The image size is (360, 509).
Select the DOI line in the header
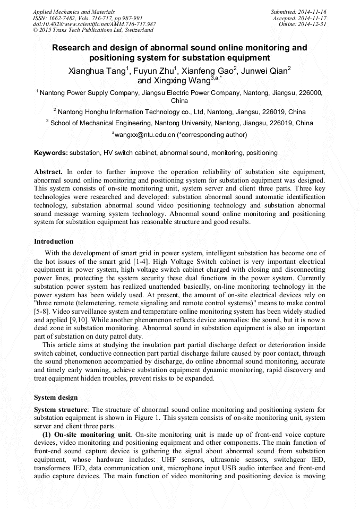click(x=95, y=24)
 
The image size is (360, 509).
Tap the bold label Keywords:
click(x=51, y=153)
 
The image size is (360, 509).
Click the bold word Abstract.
click(x=48, y=172)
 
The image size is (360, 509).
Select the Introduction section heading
click(x=54, y=241)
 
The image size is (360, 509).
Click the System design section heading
click(x=56, y=398)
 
